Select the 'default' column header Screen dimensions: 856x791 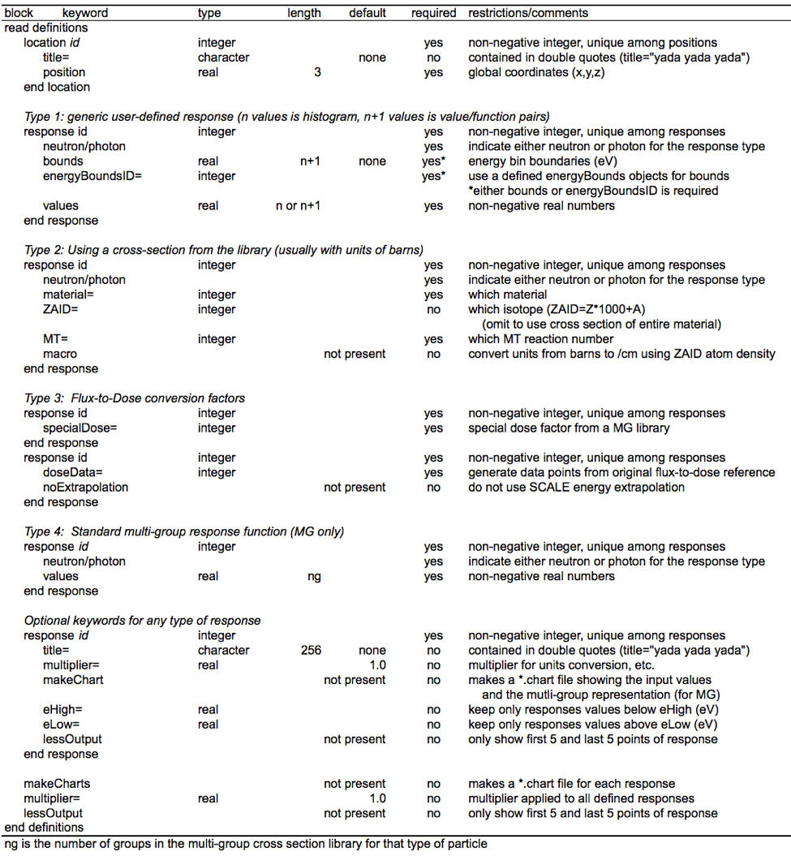click(368, 13)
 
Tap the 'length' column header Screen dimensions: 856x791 click(304, 13)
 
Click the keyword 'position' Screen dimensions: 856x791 click(64, 72)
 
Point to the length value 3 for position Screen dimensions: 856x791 click(317, 72)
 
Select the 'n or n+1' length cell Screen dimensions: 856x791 click(298, 206)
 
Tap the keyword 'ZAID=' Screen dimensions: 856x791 click(61, 309)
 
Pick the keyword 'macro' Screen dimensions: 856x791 click(60, 354)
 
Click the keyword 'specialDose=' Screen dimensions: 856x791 click(80, 428)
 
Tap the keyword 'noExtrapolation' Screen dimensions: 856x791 click(85, 487)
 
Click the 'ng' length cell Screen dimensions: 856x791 click(313, 576)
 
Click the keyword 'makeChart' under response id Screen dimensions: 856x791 click(73, 680)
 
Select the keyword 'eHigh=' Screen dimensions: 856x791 click(62, 709)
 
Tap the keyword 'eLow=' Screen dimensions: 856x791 click(61, 724)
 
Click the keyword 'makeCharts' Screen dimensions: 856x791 click(57, 784)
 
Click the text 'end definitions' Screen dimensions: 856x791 click(44, 828)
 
